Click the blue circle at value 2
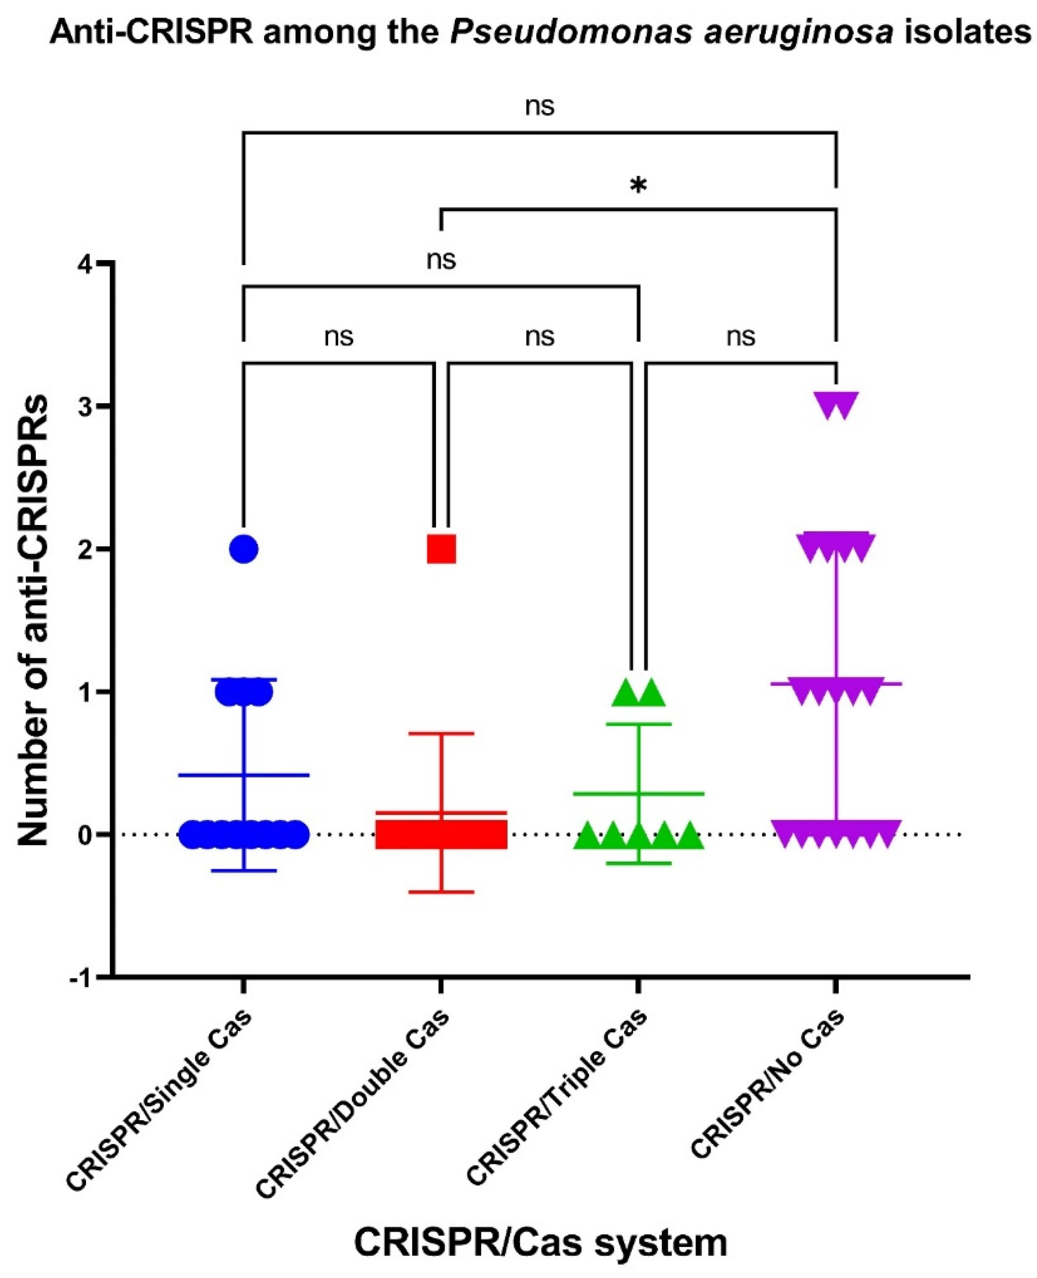[x=244, y=548]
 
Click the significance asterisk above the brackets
[x=638, y=186]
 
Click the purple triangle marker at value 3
[x=836, y=406]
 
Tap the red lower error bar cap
[x=441, y=891]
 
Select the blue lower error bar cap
[x=244, y=871]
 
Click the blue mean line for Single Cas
[x=244, y=775]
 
